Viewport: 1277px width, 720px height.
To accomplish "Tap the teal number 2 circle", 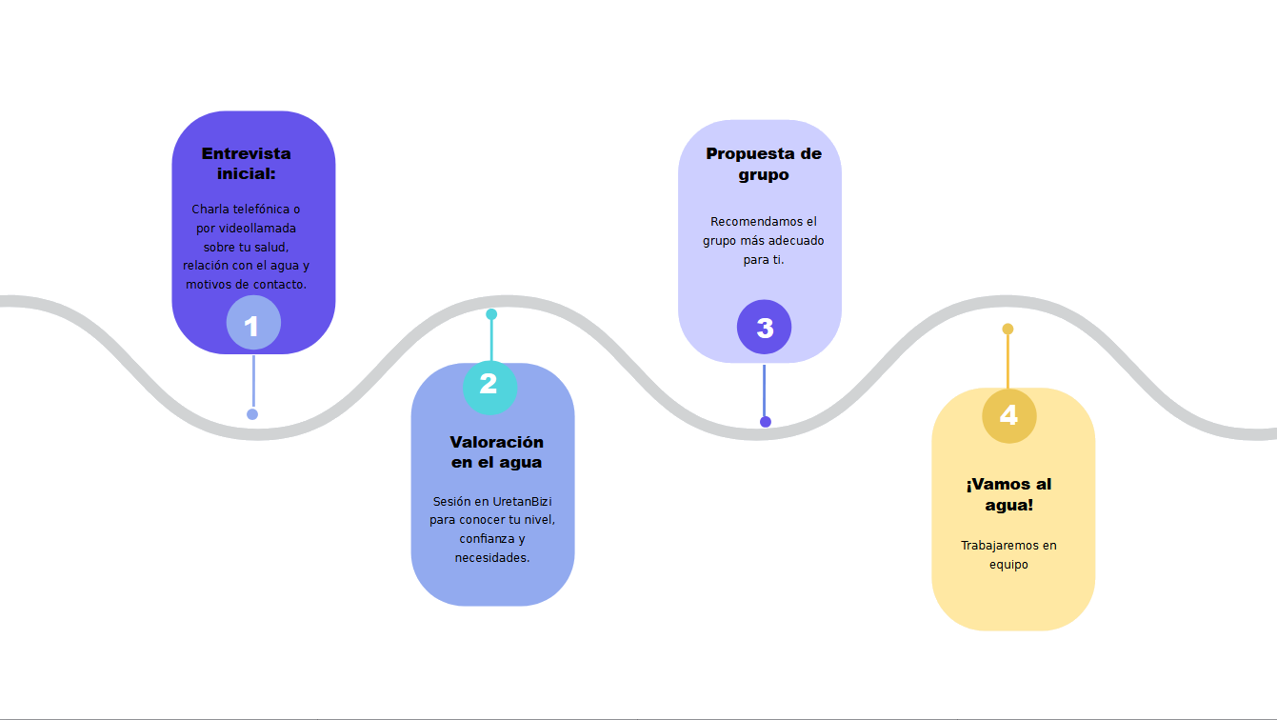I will point(489,385).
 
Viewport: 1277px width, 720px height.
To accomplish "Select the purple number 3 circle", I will point(764,328).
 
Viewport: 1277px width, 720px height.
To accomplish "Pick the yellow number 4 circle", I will point(1008,415).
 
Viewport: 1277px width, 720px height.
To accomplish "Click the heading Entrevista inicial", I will point(246,163).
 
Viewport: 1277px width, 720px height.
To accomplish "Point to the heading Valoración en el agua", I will point(496,451).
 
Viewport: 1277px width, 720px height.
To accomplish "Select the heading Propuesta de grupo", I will point(763,164).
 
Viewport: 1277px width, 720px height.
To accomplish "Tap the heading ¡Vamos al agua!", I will point(1008,494).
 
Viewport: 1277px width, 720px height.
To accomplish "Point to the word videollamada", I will point(258,229).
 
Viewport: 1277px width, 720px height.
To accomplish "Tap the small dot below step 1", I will point(252,414).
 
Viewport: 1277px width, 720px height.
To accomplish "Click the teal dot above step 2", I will point(491,314).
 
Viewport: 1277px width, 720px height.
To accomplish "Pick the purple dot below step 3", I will point(766,422).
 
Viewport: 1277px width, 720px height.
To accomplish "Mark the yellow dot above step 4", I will point(1008,330).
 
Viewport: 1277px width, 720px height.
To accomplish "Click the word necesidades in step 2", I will point(491,558).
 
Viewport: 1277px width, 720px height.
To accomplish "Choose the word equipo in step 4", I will point(1008,565).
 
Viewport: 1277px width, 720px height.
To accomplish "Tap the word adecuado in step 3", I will point(795,241).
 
